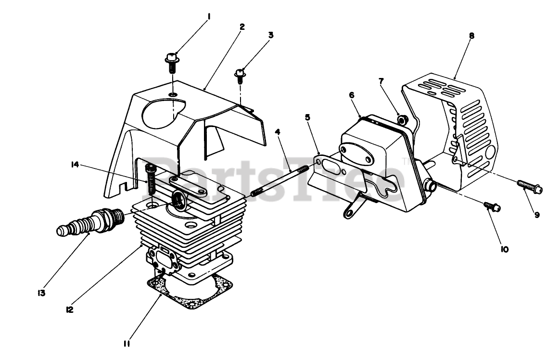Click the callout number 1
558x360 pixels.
[209, 16]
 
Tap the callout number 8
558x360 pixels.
[471, 36]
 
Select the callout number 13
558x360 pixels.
[42, 293]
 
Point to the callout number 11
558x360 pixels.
[127, 344]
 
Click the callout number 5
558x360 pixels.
[307, 117]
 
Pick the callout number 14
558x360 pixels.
[75, 165]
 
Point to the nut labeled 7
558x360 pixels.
[403, 120]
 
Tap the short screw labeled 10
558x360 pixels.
[492, 206]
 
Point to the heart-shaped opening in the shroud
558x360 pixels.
[164, 114]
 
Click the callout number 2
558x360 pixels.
[242, 26]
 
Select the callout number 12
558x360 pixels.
[69, 309]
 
